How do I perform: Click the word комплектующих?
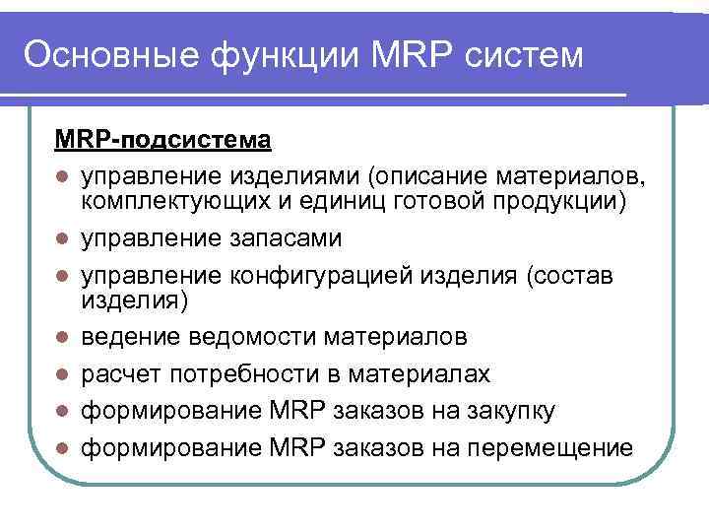tap(162, 202)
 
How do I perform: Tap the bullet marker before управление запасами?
tap(62, 238)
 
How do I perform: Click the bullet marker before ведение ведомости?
tap(62, 338)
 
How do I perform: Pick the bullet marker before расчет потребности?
tap(62, 374)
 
